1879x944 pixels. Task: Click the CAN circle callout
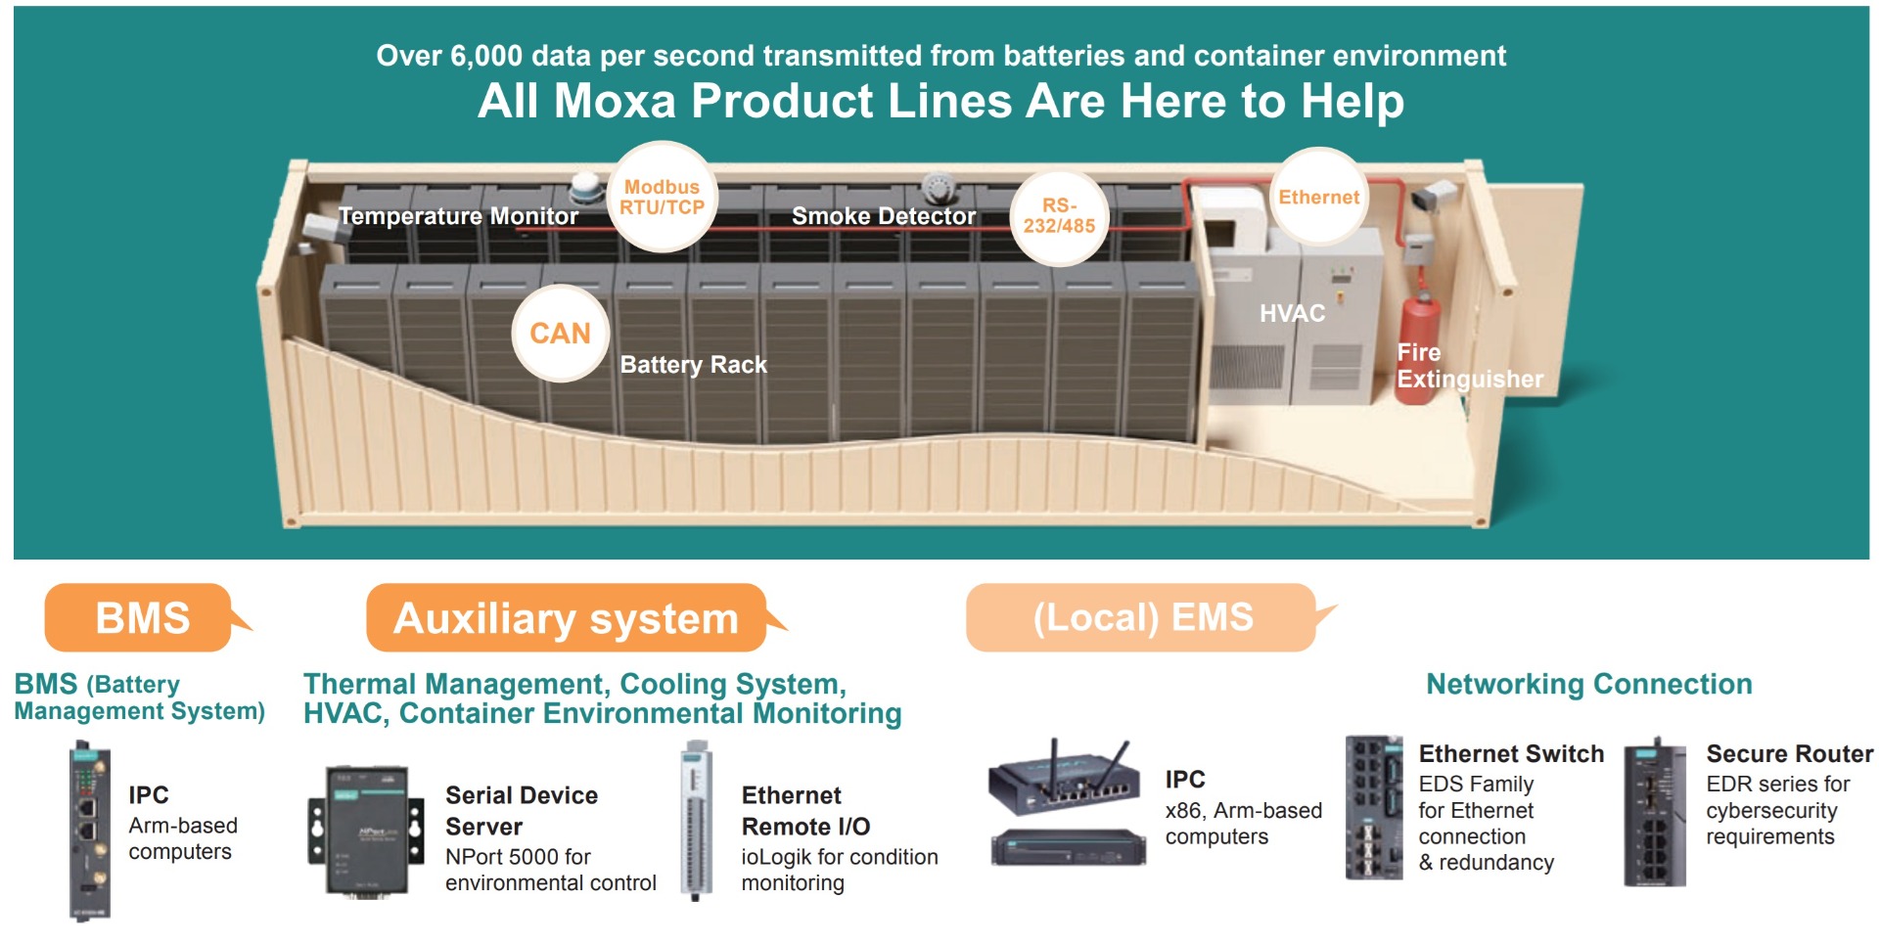tap(561, 334)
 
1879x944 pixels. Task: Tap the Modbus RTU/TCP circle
tap(663, 197)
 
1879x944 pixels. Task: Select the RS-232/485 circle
tap(1060, 216)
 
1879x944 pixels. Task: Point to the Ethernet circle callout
tap(1318, 197)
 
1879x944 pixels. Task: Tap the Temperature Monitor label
tap(458, 216)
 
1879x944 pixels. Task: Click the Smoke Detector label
tap(884, 216)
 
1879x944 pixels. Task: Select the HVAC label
tap(1292, 313)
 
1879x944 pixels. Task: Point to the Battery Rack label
tap(693, 365)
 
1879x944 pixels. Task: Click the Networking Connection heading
tap(1588, 684)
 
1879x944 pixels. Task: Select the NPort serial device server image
tap(366, 831)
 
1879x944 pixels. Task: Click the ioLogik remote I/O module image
tap(695, 820)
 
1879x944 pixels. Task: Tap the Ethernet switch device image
tap(1374, 808)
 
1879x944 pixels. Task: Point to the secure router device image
tap(1655, 812)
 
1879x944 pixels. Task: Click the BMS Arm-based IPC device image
tap(89, 831)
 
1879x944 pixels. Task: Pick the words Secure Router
tap(1789, 754)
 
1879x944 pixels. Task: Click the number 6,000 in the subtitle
tap(485, 56)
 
